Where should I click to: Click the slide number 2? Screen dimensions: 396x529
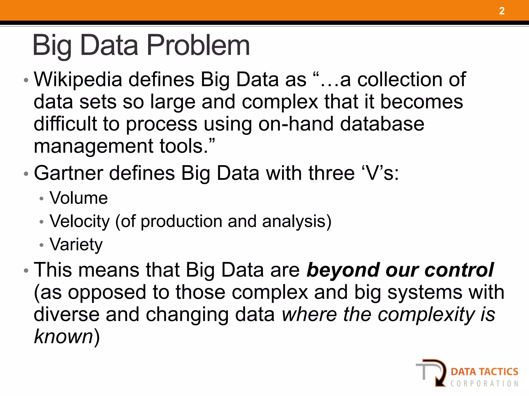(x=502, y=11)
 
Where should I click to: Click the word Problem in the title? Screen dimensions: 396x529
(x=198, y=46)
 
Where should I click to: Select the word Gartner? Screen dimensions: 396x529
(x=68, y=173)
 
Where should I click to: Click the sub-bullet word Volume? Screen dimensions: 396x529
(x=79, y=198)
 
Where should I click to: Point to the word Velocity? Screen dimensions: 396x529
(x=80, y=221)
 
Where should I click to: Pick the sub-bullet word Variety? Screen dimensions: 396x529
(x=76, y=244)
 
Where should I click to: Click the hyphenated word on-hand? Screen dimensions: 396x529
(x=296, y=124)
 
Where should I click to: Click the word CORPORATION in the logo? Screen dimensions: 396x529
(x=484, y=384)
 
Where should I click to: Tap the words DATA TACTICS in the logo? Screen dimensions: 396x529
(x=484, y=372)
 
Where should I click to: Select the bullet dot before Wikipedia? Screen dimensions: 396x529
(x=26, y=80)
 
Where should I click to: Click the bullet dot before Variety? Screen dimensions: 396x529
(x=41, y=245)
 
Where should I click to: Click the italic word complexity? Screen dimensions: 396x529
(x=426, y=315)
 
